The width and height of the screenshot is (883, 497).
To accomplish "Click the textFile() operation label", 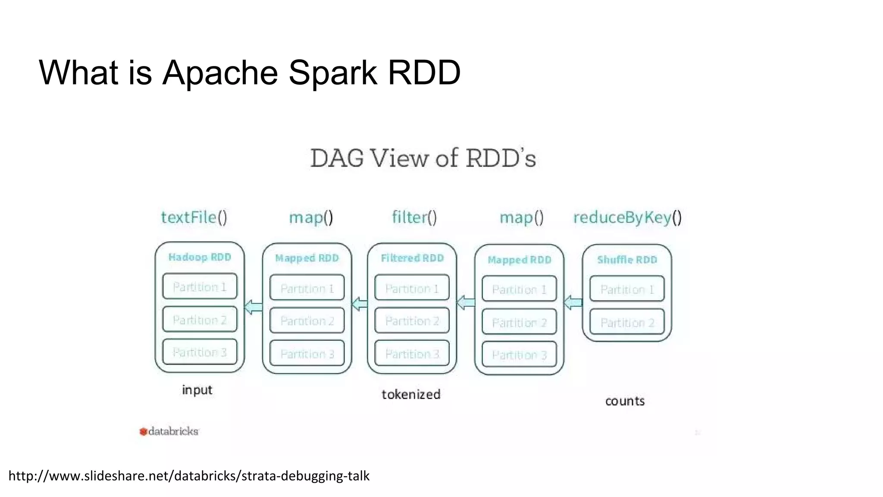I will pos(194,217).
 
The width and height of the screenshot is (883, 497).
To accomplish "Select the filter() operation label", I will pos(414,217).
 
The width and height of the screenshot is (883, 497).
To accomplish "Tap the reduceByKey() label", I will pos(627,217).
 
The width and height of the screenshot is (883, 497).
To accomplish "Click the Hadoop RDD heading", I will pos(200,257).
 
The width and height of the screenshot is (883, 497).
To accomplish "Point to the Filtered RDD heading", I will pos(412,258).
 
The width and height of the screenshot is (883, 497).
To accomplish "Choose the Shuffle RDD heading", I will pos(627,260).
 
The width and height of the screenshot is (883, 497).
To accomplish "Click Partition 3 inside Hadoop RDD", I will pos(200,352).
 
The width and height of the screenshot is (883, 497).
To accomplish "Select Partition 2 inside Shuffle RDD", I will pos(627,322).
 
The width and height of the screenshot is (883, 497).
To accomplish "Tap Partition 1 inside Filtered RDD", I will pos(412,288).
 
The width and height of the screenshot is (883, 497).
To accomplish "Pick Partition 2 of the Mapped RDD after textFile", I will pos(307,321).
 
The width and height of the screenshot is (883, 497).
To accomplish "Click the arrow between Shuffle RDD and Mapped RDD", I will pos(573,302).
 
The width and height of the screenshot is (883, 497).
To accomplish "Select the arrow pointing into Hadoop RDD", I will pos(254,307).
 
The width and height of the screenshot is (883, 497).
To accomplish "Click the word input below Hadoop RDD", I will pos(197,390).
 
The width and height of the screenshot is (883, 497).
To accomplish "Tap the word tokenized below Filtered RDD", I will pos(411,394).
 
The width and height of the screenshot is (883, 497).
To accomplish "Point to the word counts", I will pos(625,401).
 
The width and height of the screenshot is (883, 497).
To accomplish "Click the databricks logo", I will pos(169,431).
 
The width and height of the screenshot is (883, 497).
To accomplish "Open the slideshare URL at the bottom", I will pos(189,476).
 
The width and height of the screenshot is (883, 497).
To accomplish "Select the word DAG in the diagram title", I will pos(337,158).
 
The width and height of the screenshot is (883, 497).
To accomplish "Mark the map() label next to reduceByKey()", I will pos(521,217).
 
